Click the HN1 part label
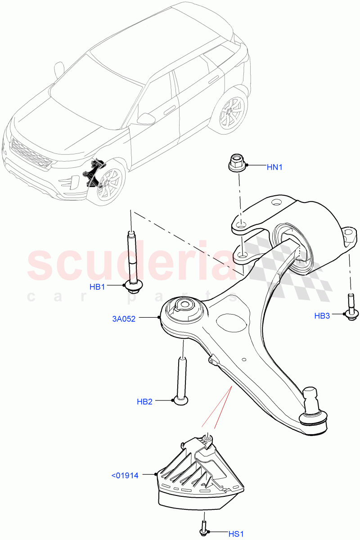click(274, 167)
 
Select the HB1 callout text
click(97, 287)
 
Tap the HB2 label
click(144, 401)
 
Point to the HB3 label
click(322, 316)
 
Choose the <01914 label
click(125, 475)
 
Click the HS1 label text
click(235, 534)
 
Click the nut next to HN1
click(237, 162)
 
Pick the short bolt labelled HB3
click(351, 307)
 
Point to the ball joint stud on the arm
click(312, 399)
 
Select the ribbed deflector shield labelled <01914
click(200, 477)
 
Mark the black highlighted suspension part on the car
click(93, 173)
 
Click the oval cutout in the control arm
click(231, 322)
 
